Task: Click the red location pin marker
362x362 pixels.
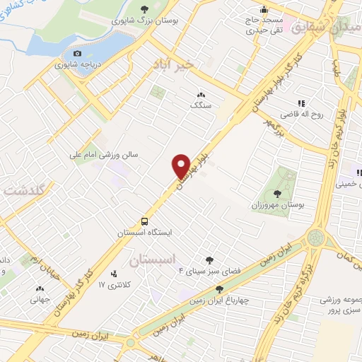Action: pyautogui.click(x=182, y=167)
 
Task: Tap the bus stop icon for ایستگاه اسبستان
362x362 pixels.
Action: pyautogui.click(x=144, y=221)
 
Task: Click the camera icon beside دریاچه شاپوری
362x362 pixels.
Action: pyautogui.click(x=77, y=53)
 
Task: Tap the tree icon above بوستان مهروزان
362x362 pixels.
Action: pyautogui.click(x=277, y=192)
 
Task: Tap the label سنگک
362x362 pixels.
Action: pyautogui.click(x=201, y=105)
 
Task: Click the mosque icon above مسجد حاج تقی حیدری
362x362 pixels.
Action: pyautogui.click(x=264, y=9)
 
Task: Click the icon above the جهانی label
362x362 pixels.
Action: pyautogui.click(x=40, y=288)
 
